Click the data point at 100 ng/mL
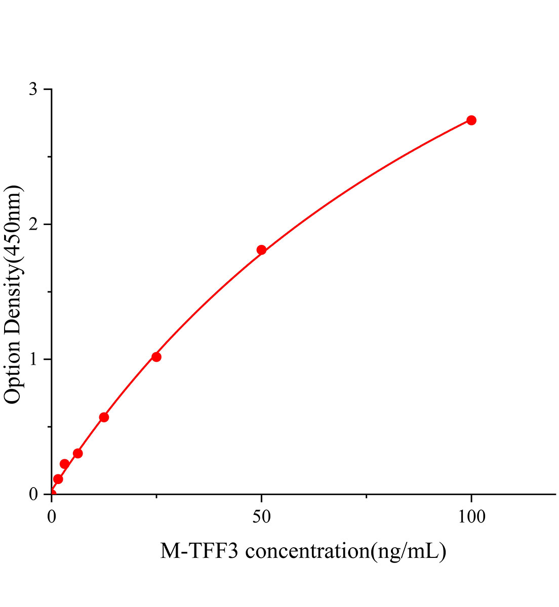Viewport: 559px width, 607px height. point(471,120)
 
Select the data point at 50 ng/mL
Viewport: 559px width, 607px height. point(261,250)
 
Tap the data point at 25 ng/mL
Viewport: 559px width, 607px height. point(156,357)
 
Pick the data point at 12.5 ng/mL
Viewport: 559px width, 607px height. point(104,417)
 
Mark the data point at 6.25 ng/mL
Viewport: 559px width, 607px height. point(77,453)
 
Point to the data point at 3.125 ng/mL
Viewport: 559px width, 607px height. point(64,464)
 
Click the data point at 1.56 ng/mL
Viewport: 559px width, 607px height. point(58,479)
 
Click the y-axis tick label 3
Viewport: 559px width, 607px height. point(33,89)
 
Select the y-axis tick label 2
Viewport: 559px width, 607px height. point(33,224)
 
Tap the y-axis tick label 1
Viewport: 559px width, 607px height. point(33,359)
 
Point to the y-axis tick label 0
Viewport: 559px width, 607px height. point(33,494)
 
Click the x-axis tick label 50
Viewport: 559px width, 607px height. point(261,516)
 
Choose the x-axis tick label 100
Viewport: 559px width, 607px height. point(471,516)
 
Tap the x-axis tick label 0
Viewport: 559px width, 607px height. point(52,516)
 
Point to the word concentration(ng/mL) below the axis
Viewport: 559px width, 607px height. point(345,551)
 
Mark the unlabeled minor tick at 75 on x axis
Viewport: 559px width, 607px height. point(366,497)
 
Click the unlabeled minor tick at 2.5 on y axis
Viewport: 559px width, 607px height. point(49,157)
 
